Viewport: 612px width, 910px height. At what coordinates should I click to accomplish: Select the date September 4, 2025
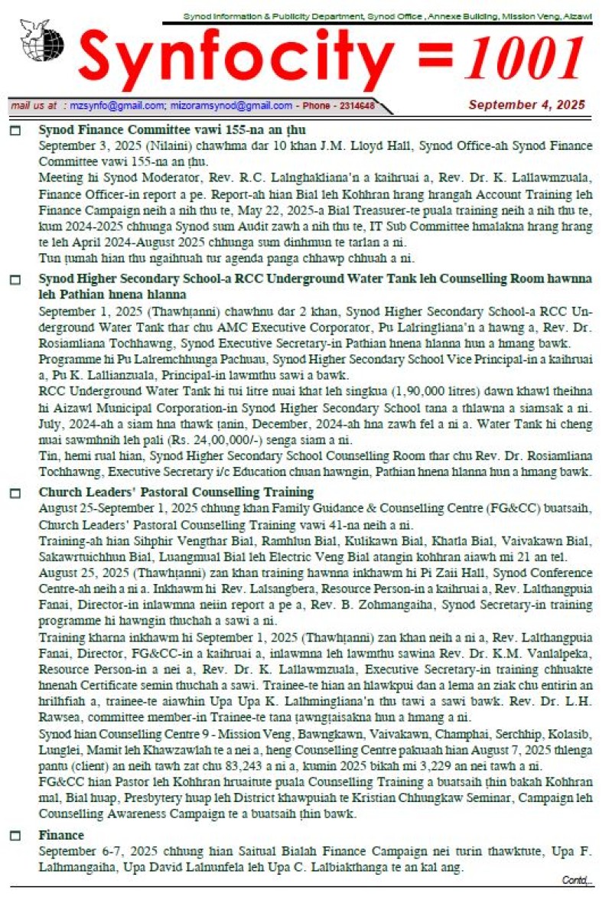point(526,105)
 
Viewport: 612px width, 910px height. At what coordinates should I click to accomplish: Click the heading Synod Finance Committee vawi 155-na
point(172,130)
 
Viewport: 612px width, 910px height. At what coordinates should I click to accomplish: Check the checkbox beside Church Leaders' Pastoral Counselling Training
point(15,493)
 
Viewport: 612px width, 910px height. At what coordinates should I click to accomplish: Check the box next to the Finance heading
point(15,836)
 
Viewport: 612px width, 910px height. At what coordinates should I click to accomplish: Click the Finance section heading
point(61,835)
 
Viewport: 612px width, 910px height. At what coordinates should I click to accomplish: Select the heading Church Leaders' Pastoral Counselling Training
point(176,492)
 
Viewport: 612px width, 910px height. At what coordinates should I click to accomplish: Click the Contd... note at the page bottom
point(578,880)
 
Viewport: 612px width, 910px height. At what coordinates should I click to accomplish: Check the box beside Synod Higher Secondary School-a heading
point(15,280)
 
